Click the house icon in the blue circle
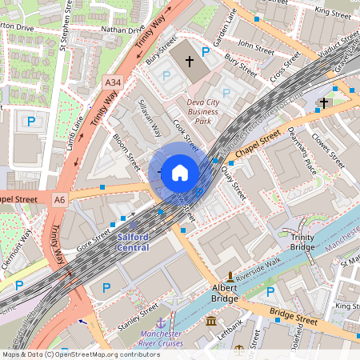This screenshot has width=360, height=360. pyautogui.click(x=180, y=173)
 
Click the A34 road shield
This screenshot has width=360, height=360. pyautogui.click(x=113, y=82)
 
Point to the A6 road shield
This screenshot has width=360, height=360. pyautogui.click(x=59, y=198)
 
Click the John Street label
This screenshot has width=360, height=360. pyautogui.click(x=256, y=46)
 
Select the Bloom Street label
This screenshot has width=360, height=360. pyautogui.click(x=126, y=147)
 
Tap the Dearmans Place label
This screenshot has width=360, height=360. pyautogui.click(x=302, y=151)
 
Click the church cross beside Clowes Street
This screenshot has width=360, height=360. pyautogui.click(x=323, y=102)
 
